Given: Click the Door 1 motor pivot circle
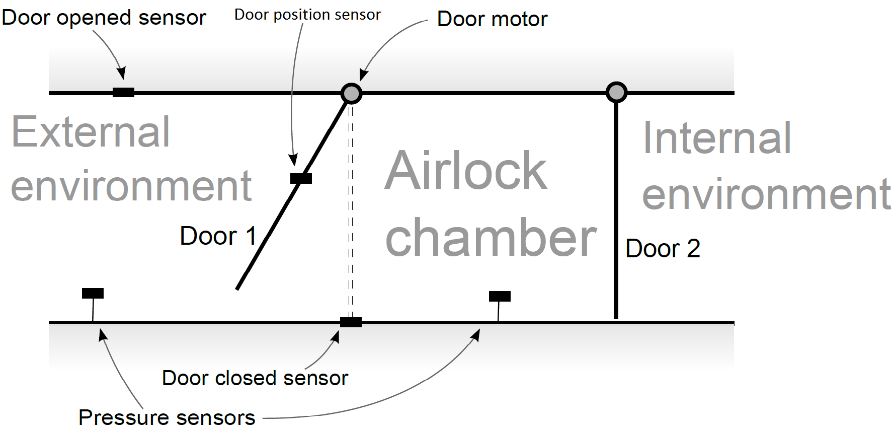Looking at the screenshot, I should click(351, 93).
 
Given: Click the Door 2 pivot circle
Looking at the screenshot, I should click(616, 92).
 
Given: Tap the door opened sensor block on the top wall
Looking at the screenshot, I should click(123, 92).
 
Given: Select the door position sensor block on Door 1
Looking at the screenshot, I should click(301, 178).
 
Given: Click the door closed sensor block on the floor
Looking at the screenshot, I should click(351, 322).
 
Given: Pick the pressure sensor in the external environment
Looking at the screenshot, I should click(93, 294).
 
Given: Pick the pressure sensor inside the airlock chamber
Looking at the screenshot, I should click(500, 296).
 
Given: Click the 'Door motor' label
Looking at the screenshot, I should click(492, 20).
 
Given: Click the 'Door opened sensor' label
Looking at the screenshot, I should click(104, 18).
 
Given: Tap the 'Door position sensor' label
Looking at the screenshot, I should click(307, 15).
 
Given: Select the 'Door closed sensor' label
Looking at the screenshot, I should click(255, 378).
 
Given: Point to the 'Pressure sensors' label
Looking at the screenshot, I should click(167, 417).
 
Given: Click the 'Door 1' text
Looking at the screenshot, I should click(218, 236).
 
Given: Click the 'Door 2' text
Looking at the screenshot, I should click(663, 248).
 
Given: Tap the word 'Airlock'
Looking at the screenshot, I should click(466, 171).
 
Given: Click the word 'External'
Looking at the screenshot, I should click(91, 132).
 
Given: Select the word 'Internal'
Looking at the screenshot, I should click(717, 138).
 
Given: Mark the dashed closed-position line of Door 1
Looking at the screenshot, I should click(351, 211).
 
